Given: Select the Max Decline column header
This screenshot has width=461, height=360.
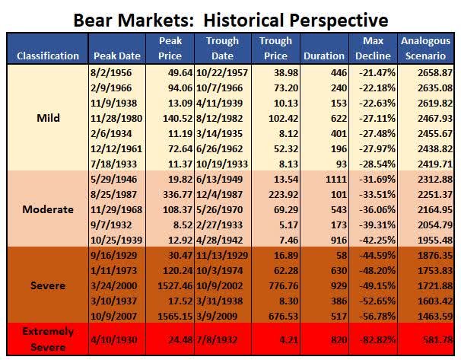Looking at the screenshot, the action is (x=373, y=48).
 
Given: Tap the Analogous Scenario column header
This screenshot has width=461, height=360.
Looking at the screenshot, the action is (x=425, y=48).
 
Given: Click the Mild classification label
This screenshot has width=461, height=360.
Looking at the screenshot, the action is (x=48, y=118).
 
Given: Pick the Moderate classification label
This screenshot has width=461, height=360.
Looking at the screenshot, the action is (x=48, y=209).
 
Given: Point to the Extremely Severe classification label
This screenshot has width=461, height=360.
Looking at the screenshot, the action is (x=48, y=339).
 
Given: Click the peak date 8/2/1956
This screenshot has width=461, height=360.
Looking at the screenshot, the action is (x=111, y=72).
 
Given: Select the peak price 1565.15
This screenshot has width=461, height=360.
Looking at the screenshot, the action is (x=175, y=316).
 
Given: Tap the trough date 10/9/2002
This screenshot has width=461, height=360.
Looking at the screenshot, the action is (x=220, y=286).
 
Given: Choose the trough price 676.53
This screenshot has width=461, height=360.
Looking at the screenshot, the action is (x=284, y=316).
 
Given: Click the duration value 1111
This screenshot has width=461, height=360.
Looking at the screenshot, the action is (x=336, y=179).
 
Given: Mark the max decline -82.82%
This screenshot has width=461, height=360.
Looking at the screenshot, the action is (x=377, y=340).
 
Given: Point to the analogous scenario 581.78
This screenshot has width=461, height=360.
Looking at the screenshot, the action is (x=438, y=340).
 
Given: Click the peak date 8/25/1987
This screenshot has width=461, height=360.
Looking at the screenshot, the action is (x=114, y=194).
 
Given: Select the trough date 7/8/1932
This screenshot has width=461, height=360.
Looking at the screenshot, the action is (x=217, y=340).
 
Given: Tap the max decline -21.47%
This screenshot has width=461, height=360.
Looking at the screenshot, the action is (x=377, y=72).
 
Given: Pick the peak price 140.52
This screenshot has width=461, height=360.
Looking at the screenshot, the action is (x=177, y=118).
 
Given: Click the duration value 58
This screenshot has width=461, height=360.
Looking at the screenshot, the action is (x=342, y=255).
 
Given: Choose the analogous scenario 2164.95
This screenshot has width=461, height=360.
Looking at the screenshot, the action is (x=435, y=210).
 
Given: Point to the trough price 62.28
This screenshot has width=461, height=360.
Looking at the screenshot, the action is (x=286, y=271).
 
